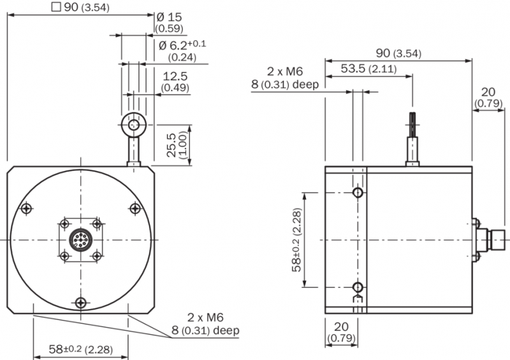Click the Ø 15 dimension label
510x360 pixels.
pyautogui.click(x=169, y=17)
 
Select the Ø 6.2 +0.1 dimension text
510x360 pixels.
pyautogui.click(x=182, y=45)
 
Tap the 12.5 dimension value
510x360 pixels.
pyautogui.click(x=175, y=76)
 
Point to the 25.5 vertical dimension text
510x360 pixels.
pyautogui.click(x=171, y=145)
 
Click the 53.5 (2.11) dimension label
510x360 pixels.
pyautogui.click(x=369, y=69)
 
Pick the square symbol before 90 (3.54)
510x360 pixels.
pyautogui.click(x=56, y=7)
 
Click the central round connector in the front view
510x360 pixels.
pyautogui.click(x=81, y=240)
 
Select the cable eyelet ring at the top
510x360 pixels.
pyautogui.click(x=133, y=124)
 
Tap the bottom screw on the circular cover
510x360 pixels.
pyautogui.click(x=81, y=303)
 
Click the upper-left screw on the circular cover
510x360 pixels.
pyautogui.click(x=27, y=208)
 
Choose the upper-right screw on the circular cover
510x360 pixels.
pyautogui.click(x=135, y=208)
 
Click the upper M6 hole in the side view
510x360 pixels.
pyautogui.click(x=358, y=192)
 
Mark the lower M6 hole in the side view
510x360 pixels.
pyautogui.click(x=358, y=287)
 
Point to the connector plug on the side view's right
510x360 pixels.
pyautogui.click(x=488, y=240)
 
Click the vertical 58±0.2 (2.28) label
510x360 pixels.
pyautogui.click(x=297, y=240)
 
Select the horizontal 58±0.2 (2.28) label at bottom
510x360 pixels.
pyautogui.click(x=81, y=349)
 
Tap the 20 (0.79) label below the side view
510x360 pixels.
pyautogui.click(x=341, y=332)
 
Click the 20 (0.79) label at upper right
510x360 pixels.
pyautogui.click(x=488, y=97)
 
